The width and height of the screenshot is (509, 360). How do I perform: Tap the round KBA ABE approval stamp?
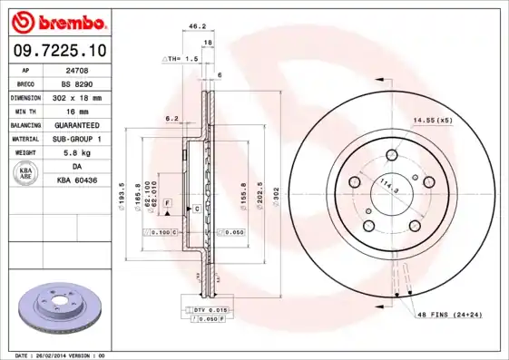click(x=26, y=173)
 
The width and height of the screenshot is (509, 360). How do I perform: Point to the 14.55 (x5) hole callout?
click(x=433, y=120)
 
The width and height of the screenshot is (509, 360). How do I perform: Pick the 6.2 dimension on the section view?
click(x=171, y=118)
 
